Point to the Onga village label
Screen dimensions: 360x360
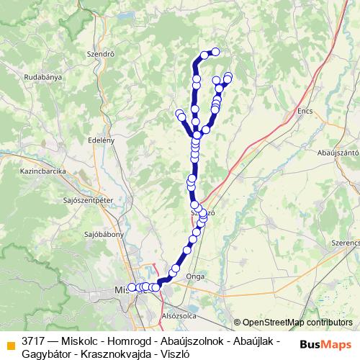195,276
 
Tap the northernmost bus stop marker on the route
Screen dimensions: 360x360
215,51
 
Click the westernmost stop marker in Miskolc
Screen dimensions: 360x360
132,287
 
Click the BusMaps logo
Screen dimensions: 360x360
326,344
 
